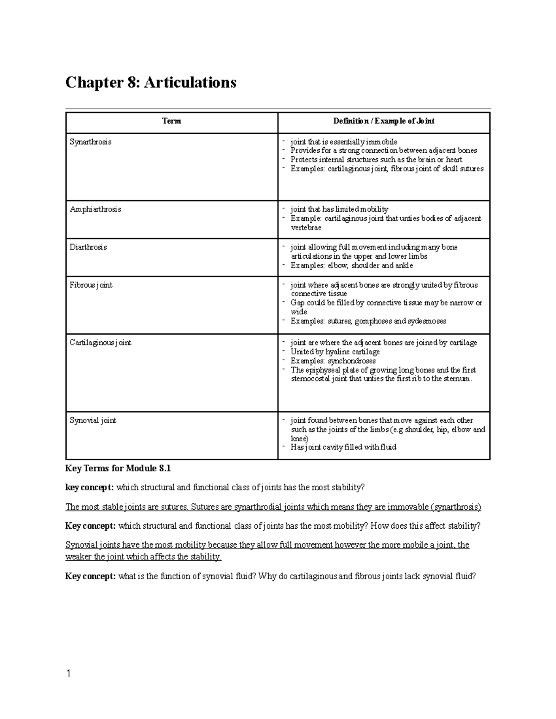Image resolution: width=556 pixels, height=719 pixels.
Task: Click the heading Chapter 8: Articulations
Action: tap(151, 82)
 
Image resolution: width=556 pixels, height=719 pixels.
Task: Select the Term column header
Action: tap(171, 121)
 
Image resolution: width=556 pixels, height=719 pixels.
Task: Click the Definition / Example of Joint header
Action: tap(384, 121)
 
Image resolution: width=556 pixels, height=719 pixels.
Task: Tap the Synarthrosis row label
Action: tap(90, 142)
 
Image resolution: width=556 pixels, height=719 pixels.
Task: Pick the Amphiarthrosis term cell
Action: tap(95, 209)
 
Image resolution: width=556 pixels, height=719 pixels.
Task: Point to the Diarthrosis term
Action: tap(88, 247)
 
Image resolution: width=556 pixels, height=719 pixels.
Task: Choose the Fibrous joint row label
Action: tap(91, 285)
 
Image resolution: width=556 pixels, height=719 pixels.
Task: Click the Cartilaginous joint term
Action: tap(100, 343)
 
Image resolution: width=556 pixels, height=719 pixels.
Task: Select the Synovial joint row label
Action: tap(93, 420)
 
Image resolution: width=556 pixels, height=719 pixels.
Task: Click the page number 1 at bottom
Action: tap(69, 674)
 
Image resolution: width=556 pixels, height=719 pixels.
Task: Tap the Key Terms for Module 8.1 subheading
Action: tap(118, 469)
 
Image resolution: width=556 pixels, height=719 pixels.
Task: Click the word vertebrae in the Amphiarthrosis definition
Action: tap(306, 228)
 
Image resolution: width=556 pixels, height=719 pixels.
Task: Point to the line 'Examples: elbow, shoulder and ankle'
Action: tap(351, 266)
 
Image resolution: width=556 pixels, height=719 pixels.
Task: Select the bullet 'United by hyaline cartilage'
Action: tap(335, 352)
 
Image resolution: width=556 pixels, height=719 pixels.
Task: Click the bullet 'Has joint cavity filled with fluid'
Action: tap(343, 447)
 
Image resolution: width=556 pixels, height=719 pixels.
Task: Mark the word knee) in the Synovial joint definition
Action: tap(299, 438)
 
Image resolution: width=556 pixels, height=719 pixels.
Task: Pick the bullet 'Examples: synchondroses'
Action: tap(333, 361)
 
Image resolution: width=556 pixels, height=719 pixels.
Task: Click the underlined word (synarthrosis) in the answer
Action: tap(456, 507)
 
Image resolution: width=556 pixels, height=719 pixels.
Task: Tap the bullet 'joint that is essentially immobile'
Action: tap(343, 142)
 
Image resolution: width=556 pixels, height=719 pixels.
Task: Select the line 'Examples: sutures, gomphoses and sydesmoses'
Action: tap(368, 321)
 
